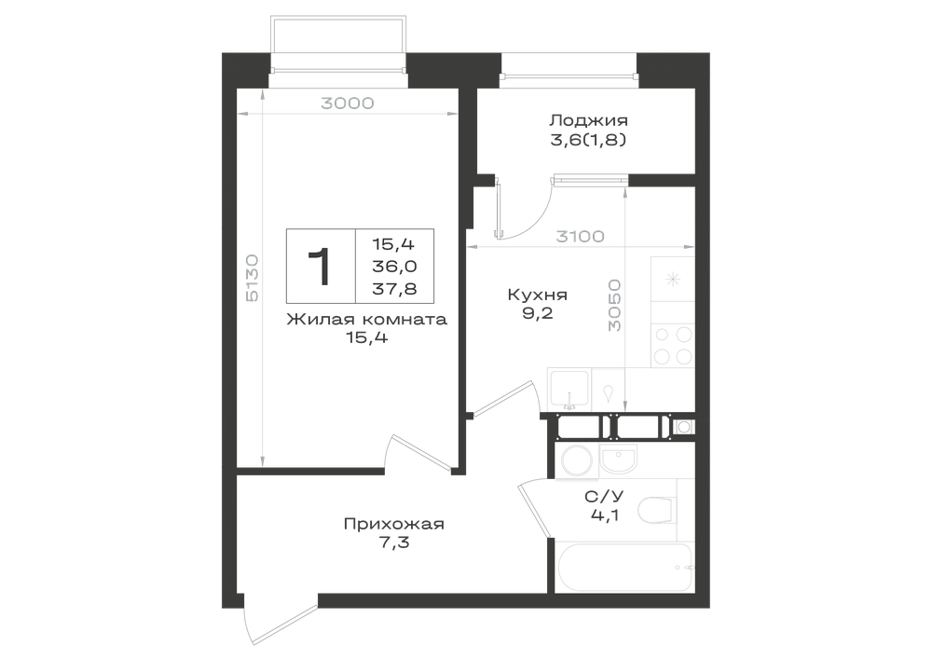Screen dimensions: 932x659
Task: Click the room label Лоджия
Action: coord(588,121)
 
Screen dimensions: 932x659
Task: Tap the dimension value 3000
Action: coord(347,103)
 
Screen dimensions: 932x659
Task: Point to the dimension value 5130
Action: coord(252,278)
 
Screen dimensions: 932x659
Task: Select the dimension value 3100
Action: coord(580,237)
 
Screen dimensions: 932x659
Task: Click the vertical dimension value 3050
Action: coord(614,306)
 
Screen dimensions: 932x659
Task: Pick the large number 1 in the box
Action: coord(321,267)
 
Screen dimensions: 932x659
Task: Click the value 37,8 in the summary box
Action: coord(394,289)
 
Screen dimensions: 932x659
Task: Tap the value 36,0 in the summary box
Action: coord(394,267)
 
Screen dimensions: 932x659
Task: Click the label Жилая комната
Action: coord(366,320)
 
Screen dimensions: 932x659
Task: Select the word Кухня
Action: coord(538,295)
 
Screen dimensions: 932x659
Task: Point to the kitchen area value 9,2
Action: coord(538,313)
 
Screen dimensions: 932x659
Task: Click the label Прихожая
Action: coord(393,525)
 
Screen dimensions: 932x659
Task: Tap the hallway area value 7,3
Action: coord(393,542)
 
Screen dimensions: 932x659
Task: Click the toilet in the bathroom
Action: coord(657,509)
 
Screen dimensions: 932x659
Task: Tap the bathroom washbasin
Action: coord(618,460)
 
